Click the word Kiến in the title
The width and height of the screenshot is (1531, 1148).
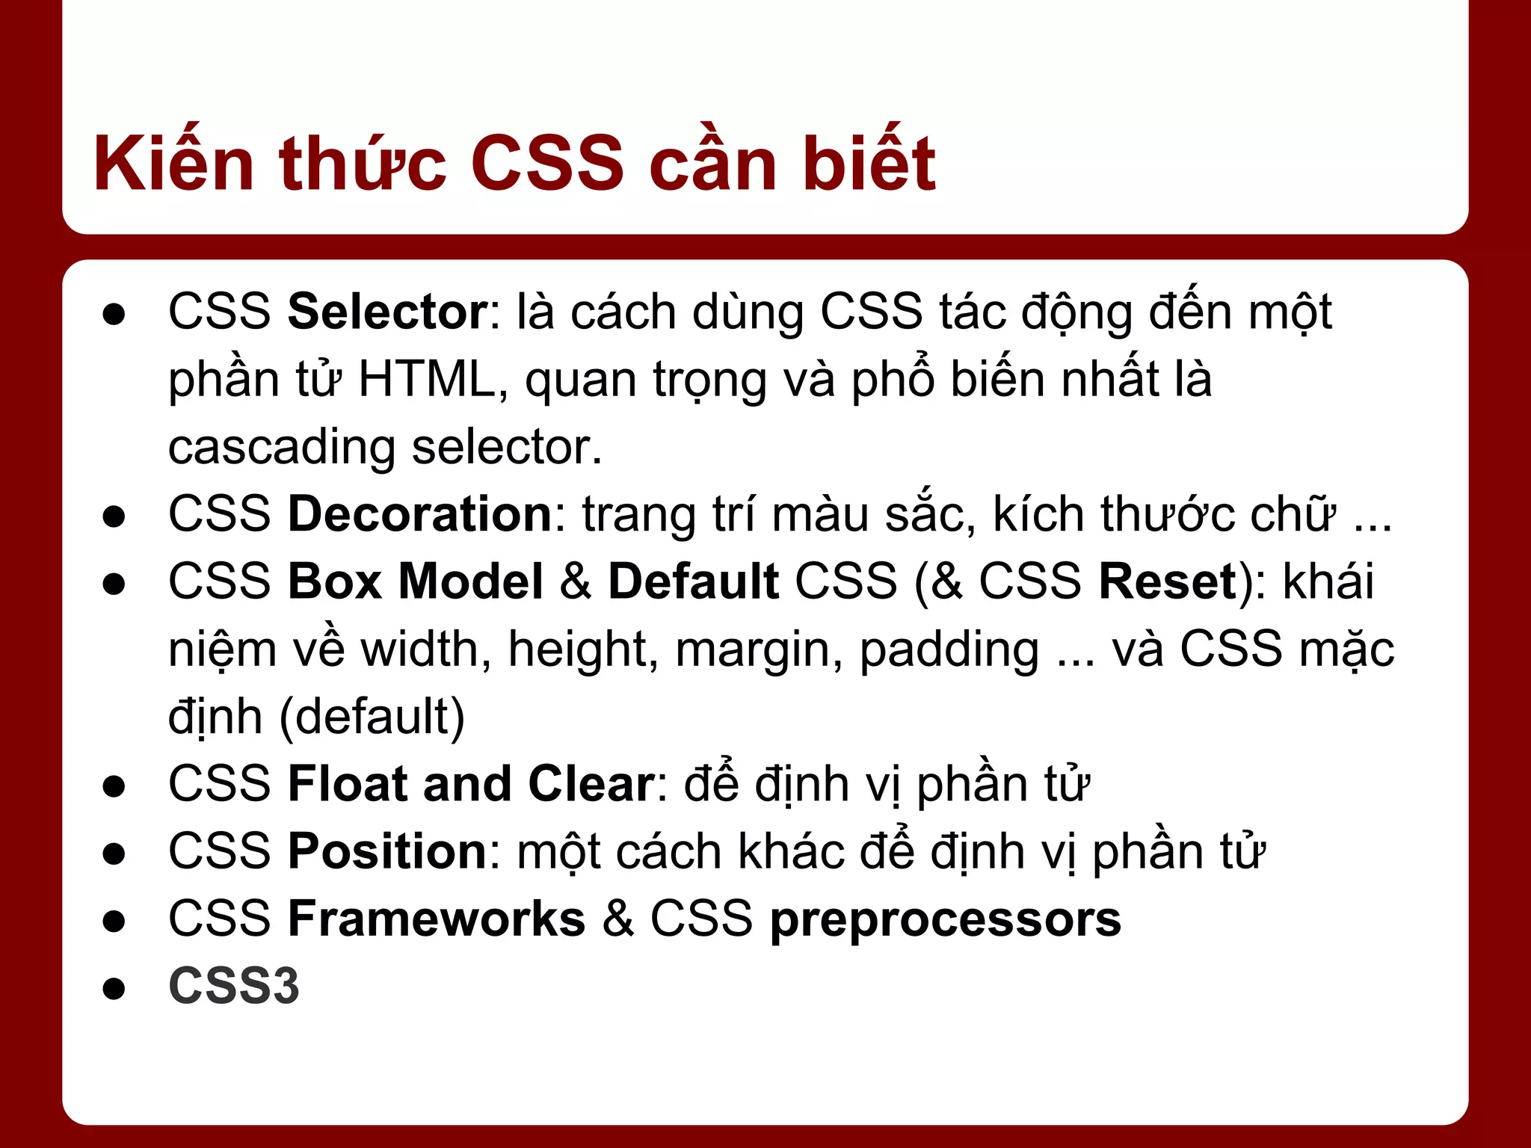173,163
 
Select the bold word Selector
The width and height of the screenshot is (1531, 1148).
388,312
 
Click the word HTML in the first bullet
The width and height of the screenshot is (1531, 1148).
427,379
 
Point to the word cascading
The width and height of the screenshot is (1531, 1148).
281,448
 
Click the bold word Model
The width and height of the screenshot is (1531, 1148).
471,581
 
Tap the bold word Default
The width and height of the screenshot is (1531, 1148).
693,581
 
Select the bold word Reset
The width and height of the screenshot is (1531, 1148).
1168,581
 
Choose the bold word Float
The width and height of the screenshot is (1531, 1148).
348,784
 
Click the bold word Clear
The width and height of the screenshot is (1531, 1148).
591,784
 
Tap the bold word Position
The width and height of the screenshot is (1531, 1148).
388,851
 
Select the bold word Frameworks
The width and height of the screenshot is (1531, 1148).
437,919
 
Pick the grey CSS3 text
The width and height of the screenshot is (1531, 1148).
234,986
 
